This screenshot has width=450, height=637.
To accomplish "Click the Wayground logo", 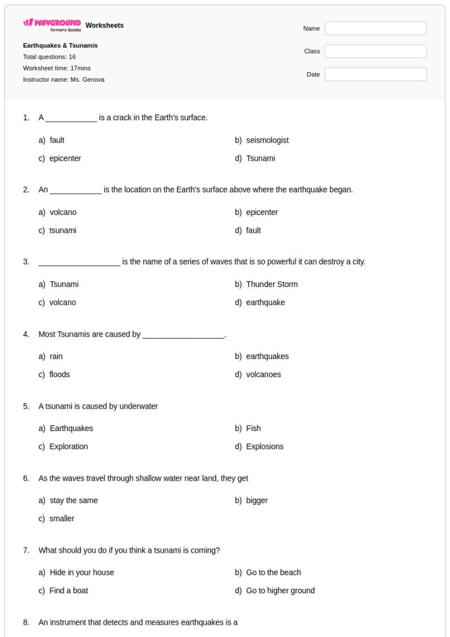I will pyautogui.click(x=52, y=26).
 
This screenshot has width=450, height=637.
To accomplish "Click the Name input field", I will pyautogui.click(x=375, y=28).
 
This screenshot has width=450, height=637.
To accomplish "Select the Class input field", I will pyautogui.click(x=375, y=51).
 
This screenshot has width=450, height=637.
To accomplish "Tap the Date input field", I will pyautogui.click(x=375, y=75).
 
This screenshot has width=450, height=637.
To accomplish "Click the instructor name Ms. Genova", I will pyautogui.click(x=64, y=80).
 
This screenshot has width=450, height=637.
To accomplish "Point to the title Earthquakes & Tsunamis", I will pyautogui.click(x=60, y=46).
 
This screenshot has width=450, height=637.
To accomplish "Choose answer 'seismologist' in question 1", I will pyautogui.click(x=267, y=140).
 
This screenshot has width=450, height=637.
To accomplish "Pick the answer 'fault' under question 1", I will pyautogui.click(x=57, y=140).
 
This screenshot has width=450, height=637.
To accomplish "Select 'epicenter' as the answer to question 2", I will pyautogui.click(x=262, y=212).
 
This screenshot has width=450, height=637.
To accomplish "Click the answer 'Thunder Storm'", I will pyautogui.click(x=271, y=284).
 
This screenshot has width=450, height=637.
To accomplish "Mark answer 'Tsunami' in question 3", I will pyautogui.click(x=64, y=284).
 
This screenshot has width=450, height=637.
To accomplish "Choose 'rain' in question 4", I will pyautogui.click(x=56, y=356).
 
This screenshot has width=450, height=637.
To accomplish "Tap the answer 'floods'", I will pyautogui.click(x=59, y=374).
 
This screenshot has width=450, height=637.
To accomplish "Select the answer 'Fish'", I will pyautogui.click(x=253, y=429).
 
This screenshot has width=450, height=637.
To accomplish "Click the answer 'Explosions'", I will pyautogui.click(x=264, y=447).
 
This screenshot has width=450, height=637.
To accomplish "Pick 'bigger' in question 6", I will pyautogui.click(x=256, y=501).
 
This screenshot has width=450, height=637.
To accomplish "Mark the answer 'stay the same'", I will pyautogui.click(x=73, y=501).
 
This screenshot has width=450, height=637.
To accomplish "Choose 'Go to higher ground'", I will pyautogui.click(x=280, y=591).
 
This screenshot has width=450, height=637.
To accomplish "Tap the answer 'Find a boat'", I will pyautogui.click(x=68, y=591).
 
